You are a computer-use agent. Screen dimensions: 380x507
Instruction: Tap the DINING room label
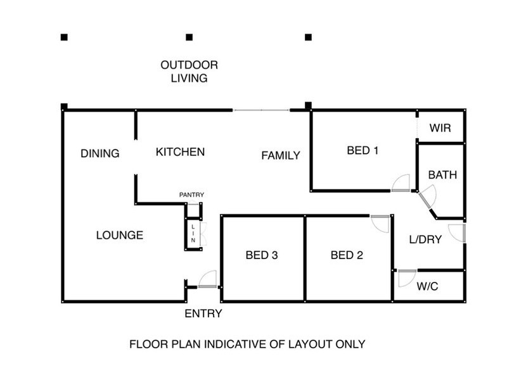[x=100, y=153]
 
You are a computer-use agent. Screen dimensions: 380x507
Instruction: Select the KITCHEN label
[x=180, y=152]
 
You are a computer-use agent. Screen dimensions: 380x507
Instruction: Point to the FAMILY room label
[x=281, y=155]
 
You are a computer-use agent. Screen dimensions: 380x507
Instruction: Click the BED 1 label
[x=363, y=151]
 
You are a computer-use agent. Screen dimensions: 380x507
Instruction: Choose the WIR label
[x=440, y=128]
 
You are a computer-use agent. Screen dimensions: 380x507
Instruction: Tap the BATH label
[x=442, y=175]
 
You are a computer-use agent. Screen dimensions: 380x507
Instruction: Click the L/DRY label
[x=425, y=239]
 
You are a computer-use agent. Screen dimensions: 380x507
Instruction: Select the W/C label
[x=427, y=286]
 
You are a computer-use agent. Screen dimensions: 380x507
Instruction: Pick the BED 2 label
[x=347, y=256]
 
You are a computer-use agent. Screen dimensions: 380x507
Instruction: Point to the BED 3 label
[x=262, y=256]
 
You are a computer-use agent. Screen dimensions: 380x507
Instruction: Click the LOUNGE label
[x=120, y=235]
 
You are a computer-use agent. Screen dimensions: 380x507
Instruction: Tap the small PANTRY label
[x=191, y=194]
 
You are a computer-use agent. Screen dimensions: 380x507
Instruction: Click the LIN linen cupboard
[x=192, y=234]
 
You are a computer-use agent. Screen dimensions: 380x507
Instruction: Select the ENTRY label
[x=203, y=313]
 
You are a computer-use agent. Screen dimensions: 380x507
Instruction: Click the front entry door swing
[x=208, y=280]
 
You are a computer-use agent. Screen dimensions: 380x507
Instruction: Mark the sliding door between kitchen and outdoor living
[x=262, y=111]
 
